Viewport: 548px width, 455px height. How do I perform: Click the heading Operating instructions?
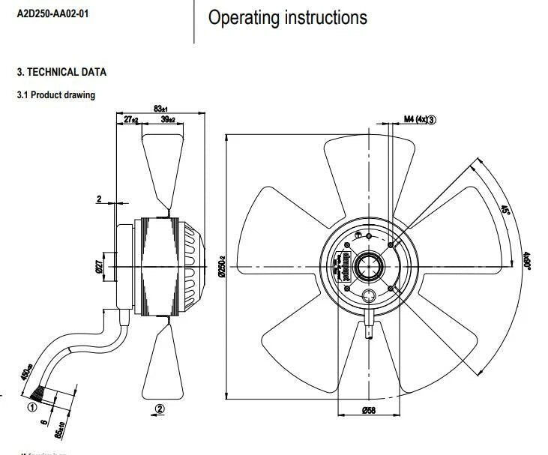(288, 18)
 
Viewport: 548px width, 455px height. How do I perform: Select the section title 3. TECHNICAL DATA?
(61, 72)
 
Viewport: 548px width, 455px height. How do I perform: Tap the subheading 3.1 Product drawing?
(56, 95)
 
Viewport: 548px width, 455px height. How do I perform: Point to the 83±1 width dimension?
(161, 109)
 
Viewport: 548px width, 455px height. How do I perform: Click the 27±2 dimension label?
(130, 120)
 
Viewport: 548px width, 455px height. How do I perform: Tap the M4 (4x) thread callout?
(420, 119)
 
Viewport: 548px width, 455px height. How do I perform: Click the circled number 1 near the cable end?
(31, 408)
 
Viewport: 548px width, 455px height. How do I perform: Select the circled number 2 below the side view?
(159, 409)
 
